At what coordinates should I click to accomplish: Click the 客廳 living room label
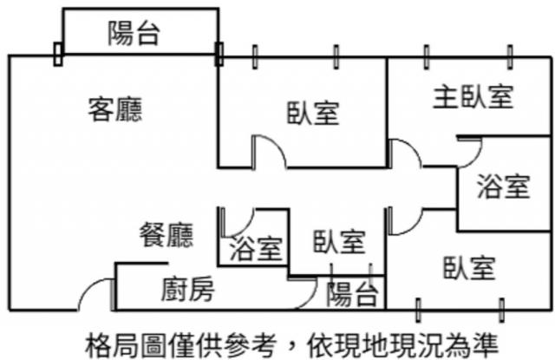point(115,109)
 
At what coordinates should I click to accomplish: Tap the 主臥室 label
point(472,97)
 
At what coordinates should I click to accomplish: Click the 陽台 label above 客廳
point(134,35)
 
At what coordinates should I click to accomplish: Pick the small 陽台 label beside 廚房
point(352,295)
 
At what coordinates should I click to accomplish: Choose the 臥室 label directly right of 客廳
point(313,113)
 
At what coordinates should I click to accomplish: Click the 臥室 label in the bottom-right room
point(469,269)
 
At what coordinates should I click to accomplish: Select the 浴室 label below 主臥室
point(504,187)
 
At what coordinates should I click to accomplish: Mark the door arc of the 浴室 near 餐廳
point(238,220)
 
